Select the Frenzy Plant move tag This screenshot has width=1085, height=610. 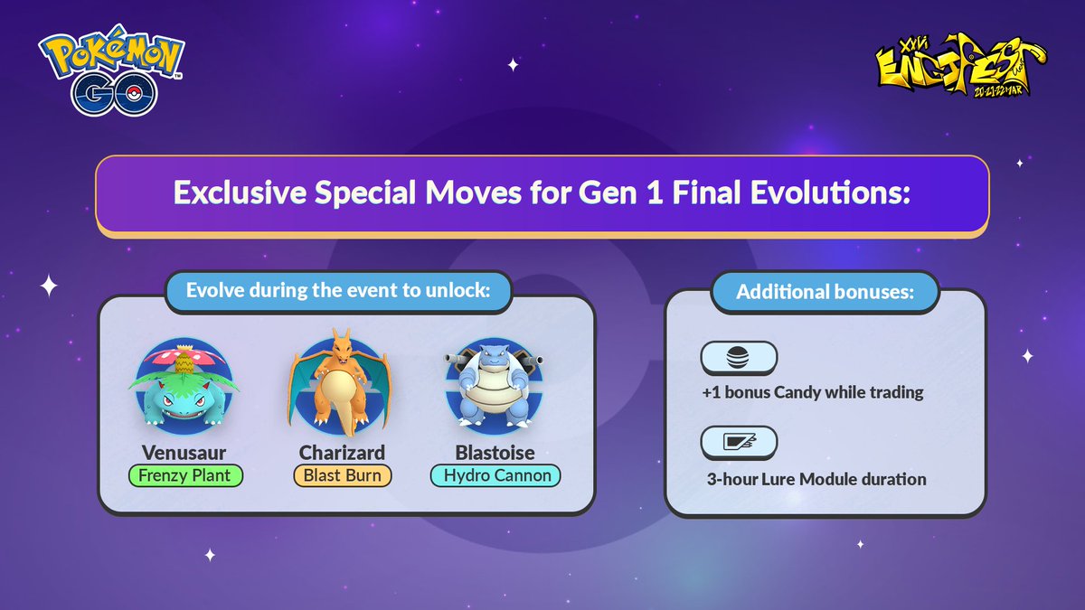pyautogui.click(x=186, y=475)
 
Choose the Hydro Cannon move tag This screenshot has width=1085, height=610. pyautogui.click(x=496, y=475)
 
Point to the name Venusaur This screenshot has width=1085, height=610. pyautogui.click(x=185, y=452)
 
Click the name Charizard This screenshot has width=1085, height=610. pyautogui.click(x=343, y=452)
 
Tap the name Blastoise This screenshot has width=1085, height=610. pyautogui.click(x=496, y=452)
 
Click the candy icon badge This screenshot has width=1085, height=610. pyautogui.click(x=739, y=358)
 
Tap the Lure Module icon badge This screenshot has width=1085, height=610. pyautogui.click(x=739, y=443)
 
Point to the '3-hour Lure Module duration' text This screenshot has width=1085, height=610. pyautogui.click(x=816, y=479)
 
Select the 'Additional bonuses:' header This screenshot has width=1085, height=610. pyautogui.click(x=825, y=293)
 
